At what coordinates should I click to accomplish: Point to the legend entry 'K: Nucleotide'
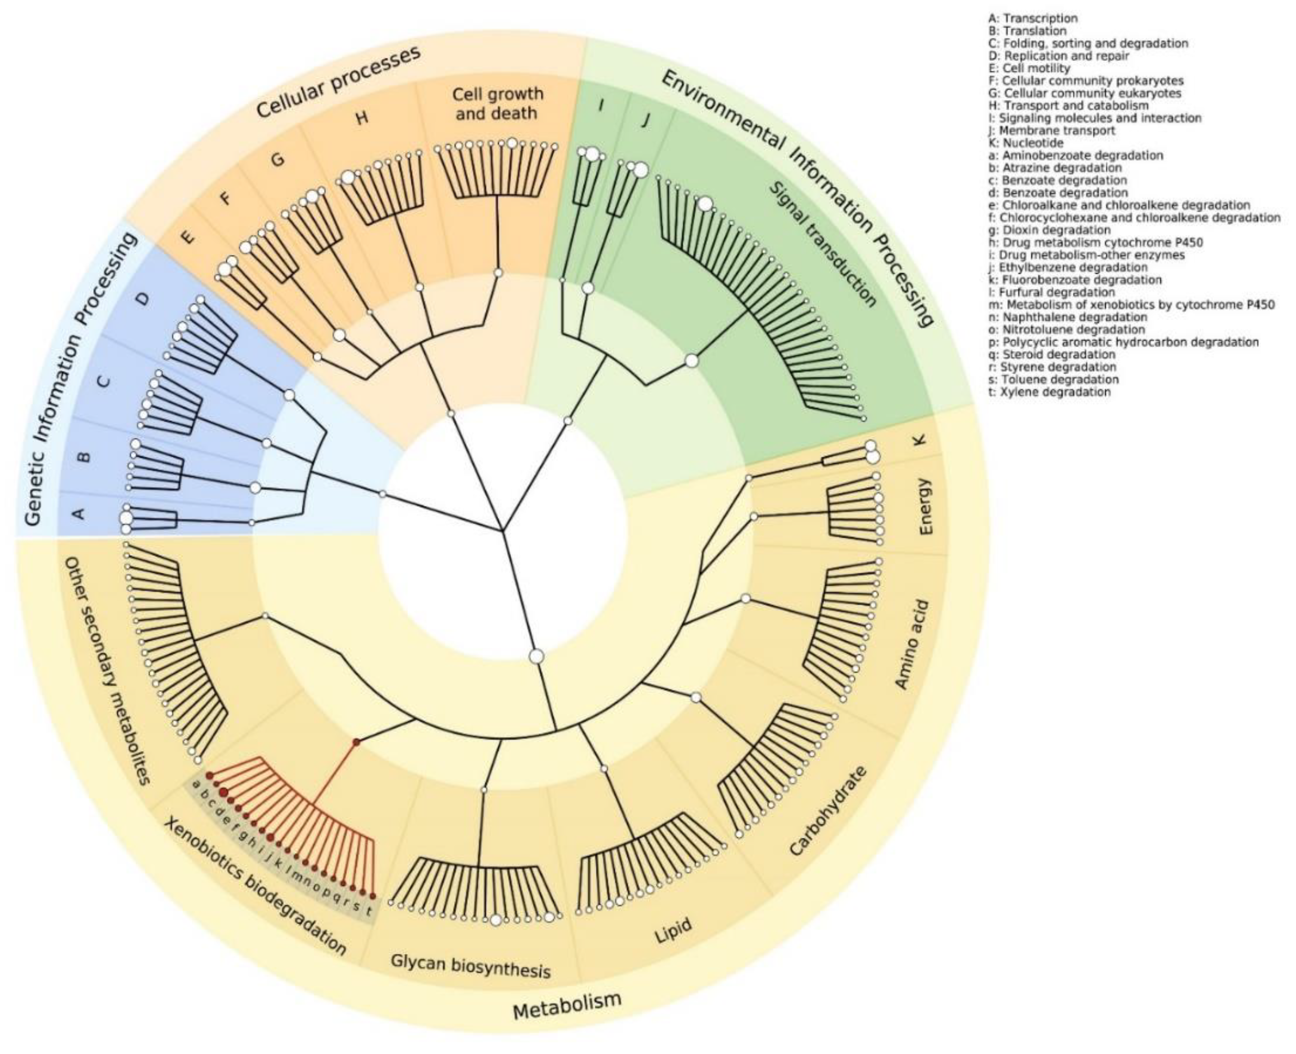pos(1026,143)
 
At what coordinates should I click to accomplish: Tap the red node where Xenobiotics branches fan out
pos(356,742)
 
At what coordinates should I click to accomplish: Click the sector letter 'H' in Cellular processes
pos(362,117)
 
